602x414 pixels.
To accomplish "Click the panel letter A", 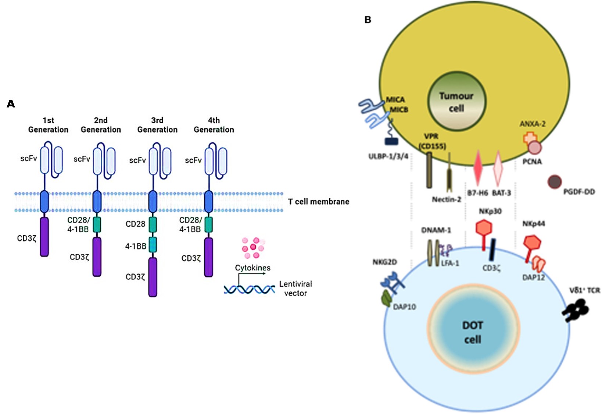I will click(x=11, y=104).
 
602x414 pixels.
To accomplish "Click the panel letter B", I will click(x=368, y=20).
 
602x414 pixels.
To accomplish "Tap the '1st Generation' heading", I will click(x=48, y=125).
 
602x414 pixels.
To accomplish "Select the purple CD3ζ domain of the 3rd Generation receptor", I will click(x=153, y=277).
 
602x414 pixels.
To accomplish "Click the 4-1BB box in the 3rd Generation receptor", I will click(x=153, y=244).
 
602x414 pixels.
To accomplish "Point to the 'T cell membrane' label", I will click(x=318, y=202).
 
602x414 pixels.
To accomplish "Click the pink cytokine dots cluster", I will click(x=253, y=248).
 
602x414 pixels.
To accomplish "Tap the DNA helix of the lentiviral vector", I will click(x=249, y=290).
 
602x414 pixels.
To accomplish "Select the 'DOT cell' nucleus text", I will click(x=473, y=332).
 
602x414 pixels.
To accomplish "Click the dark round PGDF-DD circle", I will click(x=555, y=182).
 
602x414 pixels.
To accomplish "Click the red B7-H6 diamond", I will click(x=478, y=167).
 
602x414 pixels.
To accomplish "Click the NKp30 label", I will click(x=490, y=211).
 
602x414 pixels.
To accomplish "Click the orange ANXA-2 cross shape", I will click(x=529, y=139).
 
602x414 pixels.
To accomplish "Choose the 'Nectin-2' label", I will click(x=446, y=199).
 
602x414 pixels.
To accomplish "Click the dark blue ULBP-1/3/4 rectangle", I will click(x=391, y=141).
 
